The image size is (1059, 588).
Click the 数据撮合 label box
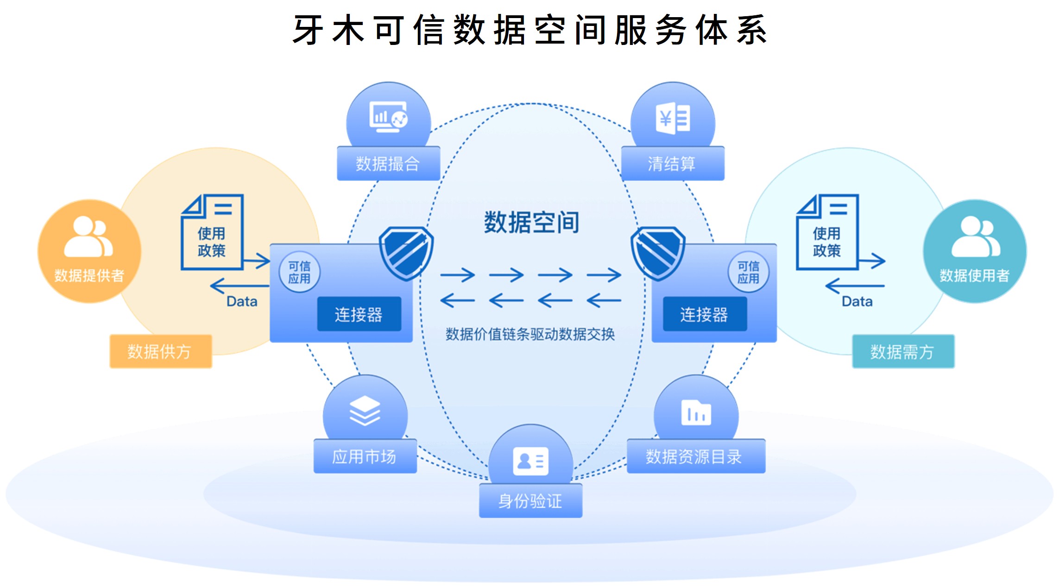point(388,164)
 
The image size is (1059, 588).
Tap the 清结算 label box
point(672,164)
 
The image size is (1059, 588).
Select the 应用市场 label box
point(365,456)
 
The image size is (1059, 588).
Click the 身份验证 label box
point(530,500)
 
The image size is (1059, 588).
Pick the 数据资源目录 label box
point(695,456)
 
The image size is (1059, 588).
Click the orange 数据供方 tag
point(160,352)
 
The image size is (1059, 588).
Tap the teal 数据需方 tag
point(903,352)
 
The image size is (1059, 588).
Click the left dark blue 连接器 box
point(359,314)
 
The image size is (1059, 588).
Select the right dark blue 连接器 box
point(705,314)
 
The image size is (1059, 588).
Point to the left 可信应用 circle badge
point(300,272)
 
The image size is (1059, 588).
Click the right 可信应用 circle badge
point(748,272)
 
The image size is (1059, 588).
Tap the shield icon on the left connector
point(406,253)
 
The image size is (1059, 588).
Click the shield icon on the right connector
point(658,253)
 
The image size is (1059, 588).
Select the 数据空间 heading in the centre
point(532,222)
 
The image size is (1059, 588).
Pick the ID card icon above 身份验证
point(531,461)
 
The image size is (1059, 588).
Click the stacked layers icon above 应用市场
point(365,411)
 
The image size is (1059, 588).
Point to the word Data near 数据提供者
point(242,302)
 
